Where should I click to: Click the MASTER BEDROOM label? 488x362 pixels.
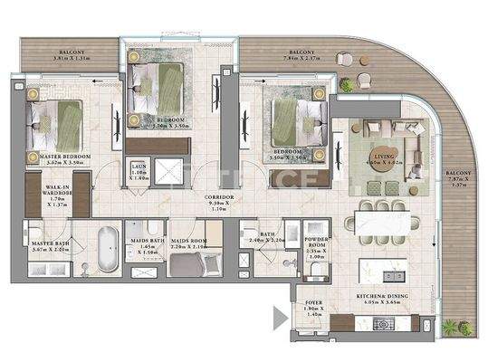click(x=65, y=157)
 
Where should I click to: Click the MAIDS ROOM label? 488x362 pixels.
click(x=191, y=241)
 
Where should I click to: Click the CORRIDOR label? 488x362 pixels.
click(x=219, y=196)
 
